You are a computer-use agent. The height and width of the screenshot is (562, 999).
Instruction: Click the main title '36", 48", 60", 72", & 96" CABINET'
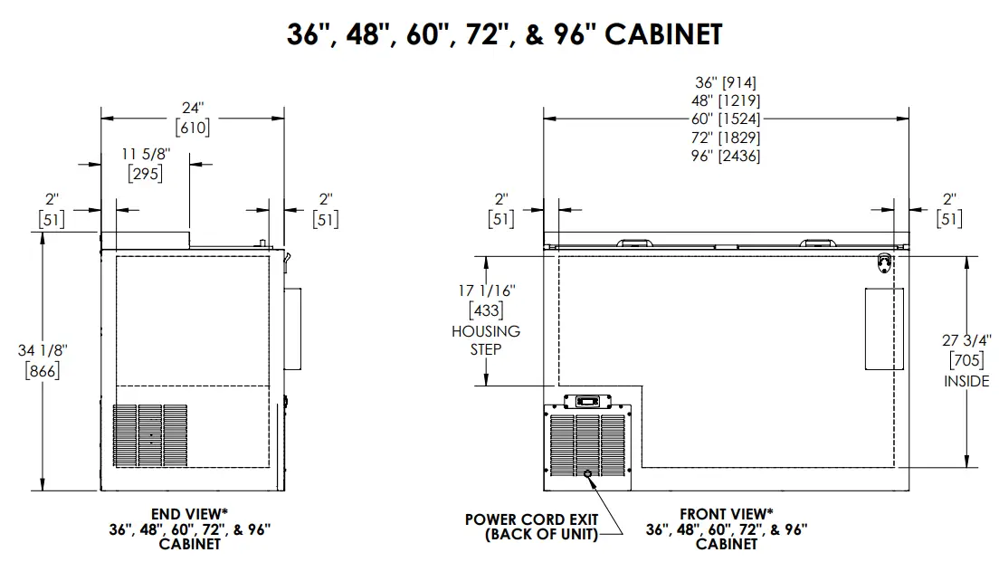point(505,34)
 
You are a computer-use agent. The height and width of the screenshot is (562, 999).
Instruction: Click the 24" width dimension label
point(193,108)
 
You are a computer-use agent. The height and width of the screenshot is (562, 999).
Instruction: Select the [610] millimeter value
point(193,128)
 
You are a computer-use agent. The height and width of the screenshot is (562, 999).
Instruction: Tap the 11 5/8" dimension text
point(146,154)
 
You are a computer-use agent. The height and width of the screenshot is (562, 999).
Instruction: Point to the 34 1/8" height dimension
point(42,350)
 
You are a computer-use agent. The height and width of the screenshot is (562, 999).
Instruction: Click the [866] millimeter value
point(42,370)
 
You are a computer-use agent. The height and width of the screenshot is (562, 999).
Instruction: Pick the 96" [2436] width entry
point(726,156)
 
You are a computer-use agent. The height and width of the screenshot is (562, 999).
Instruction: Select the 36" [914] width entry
point(726,83)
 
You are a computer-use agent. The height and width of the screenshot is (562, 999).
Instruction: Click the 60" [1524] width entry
point(726,119)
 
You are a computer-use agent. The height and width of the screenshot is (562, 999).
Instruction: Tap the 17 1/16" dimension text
point(487,291)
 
